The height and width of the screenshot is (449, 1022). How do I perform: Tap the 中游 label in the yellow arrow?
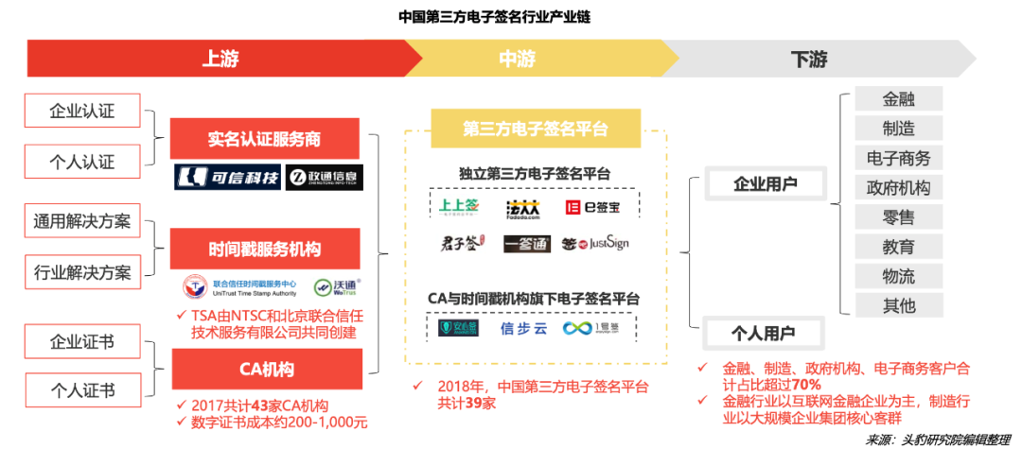point(518,59)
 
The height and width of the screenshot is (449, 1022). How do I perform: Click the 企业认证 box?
point(82,111)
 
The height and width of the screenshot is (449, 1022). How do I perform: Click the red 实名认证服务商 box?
point(265,139)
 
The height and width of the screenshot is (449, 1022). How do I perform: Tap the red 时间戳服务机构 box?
point(265,250)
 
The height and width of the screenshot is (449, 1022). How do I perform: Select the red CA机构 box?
point(265,369)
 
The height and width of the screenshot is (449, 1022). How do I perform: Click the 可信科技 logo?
point(228,177)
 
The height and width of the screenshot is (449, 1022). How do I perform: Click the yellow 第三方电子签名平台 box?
point(536,129)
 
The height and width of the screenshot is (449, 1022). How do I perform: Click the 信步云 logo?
point(523,328)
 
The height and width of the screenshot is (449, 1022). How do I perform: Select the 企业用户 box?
point(765,184)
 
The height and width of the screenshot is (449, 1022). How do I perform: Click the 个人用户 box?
point(764,332)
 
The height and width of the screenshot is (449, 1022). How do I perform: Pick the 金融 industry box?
point(898,99)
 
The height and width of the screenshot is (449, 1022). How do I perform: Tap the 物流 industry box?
point(898,275)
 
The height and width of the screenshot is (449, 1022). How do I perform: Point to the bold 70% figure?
point(806,384)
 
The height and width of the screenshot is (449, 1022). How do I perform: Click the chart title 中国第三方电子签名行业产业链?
point(494,16)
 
